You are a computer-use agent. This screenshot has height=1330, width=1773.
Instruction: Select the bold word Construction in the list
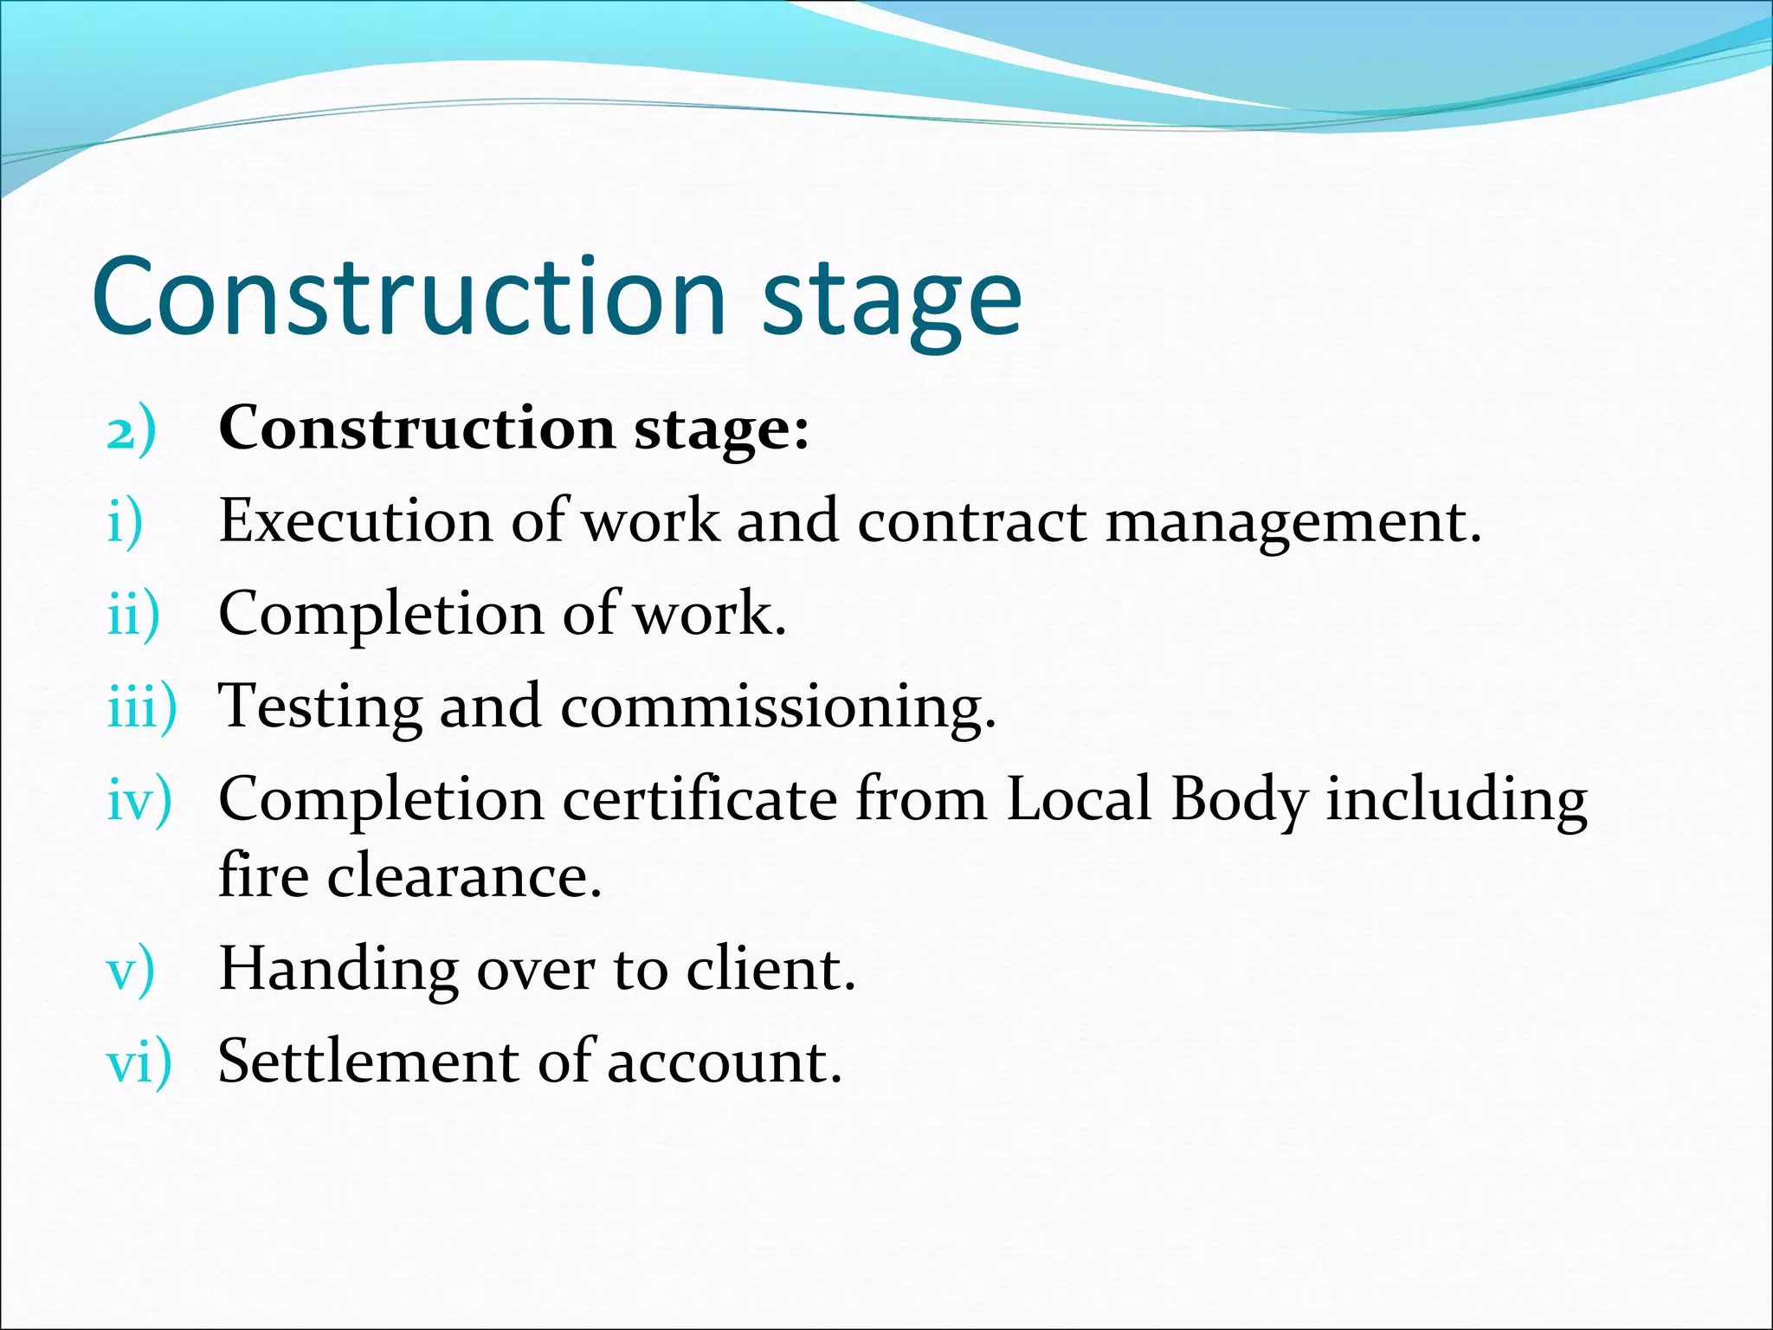click(417, 428)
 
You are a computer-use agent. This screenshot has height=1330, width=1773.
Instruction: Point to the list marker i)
click(125, 522)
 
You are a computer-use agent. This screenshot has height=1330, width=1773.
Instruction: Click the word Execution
click(356, 521)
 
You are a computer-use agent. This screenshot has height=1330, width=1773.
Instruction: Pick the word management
click(1293, 525)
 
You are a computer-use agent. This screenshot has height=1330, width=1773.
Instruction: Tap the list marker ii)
click(133, 614)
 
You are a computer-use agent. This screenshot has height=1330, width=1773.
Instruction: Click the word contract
click(971, 521)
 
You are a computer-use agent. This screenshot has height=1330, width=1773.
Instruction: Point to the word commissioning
click(778, 708)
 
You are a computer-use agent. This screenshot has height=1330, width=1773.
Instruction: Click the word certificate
click(700, 798)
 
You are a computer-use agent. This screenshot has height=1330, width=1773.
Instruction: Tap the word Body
click(1239, 800)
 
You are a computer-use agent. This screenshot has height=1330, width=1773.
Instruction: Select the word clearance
click(464, 876)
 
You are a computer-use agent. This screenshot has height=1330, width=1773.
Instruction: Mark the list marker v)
click(131, 970)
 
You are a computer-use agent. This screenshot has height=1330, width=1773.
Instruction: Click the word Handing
click(338, 970)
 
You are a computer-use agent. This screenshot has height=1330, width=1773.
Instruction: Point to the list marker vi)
click(139, 1062)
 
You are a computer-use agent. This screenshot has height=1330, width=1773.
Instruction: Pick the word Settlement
click(368, 1061)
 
